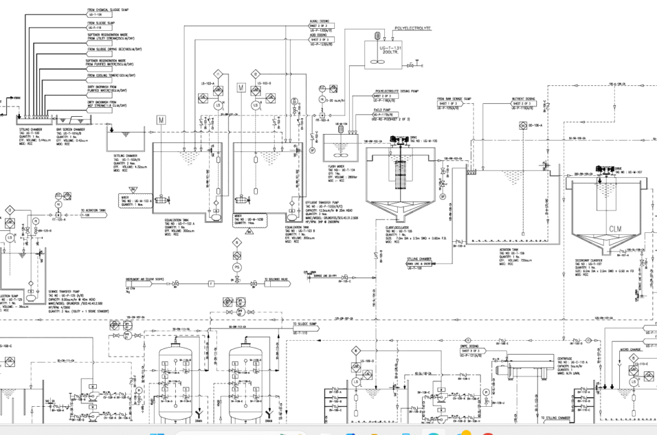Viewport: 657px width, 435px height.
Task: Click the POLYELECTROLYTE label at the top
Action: pos(412,29)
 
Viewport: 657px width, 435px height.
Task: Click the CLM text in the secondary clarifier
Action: pos(615,229)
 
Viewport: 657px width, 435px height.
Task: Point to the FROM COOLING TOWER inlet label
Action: pos(107,75)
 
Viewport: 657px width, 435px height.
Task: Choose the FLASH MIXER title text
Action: pos(328,166)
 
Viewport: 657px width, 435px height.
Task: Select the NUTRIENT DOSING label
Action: pos(524,99)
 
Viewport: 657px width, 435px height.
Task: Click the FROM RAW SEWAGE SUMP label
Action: pos(454,99)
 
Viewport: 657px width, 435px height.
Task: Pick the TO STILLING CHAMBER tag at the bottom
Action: pos(558,418)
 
